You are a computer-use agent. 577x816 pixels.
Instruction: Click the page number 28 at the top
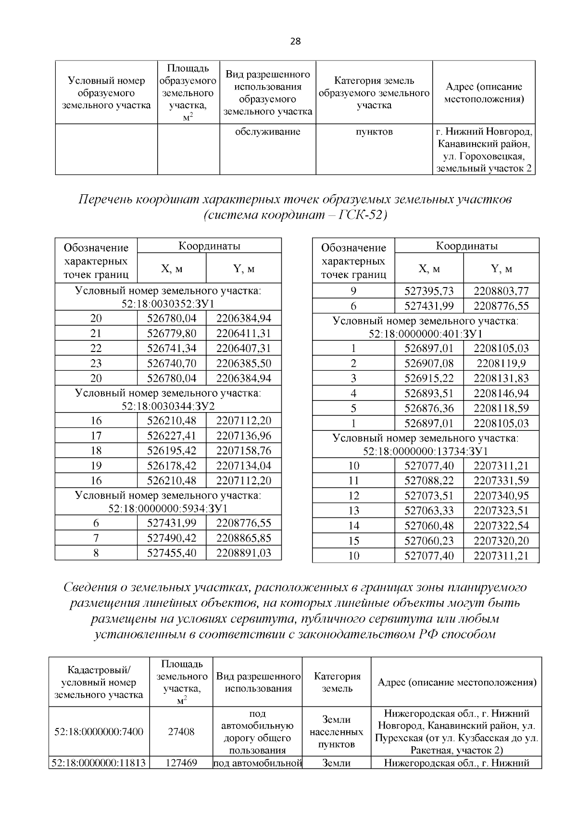pos(295,42)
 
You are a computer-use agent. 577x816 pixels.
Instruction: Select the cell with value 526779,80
pos(172,333)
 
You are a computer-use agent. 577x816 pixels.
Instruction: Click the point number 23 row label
pos(96,363)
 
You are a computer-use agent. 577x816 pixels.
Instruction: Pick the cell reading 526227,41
pos(172,436)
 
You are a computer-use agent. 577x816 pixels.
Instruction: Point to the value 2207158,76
pos(244,451)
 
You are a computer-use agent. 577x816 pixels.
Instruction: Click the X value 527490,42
pos(172,538)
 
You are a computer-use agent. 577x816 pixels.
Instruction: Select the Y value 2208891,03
pos(244,552)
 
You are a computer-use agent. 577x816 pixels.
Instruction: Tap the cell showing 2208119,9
pos(501,363)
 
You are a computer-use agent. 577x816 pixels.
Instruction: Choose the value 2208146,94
pos(501,393)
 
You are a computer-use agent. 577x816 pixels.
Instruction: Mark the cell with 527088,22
pos(429,480)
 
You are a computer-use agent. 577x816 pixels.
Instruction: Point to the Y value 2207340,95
pos(501,495)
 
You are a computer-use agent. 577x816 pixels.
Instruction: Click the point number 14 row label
pos(353,526)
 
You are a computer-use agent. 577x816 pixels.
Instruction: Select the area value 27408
pos(181,732)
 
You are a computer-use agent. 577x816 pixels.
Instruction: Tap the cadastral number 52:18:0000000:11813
pos(100,763)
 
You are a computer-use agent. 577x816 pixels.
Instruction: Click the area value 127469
pos(181,763)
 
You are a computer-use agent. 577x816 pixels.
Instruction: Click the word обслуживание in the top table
pos(267,132)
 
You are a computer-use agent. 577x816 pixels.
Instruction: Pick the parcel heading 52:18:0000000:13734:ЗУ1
pos(426,451)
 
